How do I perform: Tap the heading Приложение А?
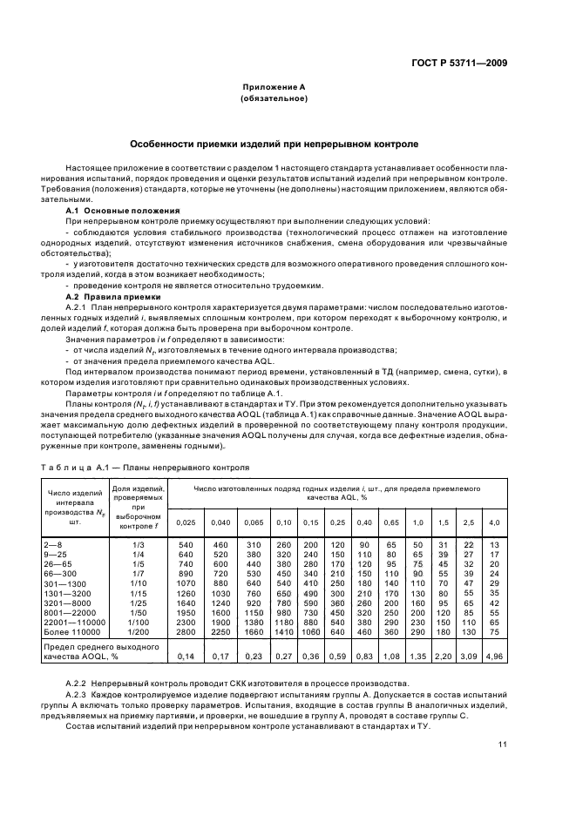(x=274, y=87)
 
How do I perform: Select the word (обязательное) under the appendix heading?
(x=274, y=98)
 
